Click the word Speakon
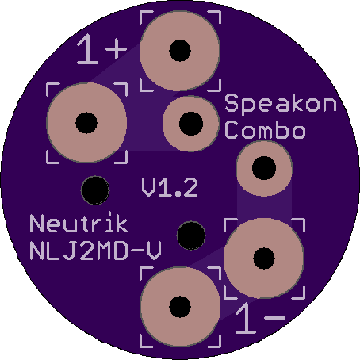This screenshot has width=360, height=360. coord(281,104)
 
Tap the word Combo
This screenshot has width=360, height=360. coord(266,130)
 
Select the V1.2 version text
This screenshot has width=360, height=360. coord(170,187)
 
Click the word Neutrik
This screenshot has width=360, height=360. coord(79,223)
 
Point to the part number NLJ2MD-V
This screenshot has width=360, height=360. coord(95,251)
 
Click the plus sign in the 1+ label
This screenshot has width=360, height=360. coord(116,49)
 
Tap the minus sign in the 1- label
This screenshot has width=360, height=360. coord(274,317)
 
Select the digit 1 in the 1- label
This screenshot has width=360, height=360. coord(246,318)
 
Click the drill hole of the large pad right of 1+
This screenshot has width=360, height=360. coord(180,51)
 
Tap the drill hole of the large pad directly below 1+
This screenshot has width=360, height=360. coord(86,123)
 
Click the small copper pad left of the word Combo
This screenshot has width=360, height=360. coord(191,124)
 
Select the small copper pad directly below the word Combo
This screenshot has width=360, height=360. coord(264,168)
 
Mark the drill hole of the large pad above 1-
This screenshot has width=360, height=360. coord(264,259)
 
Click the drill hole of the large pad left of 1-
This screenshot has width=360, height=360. coord(180,307)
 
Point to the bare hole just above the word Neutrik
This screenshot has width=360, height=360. coord(95,190)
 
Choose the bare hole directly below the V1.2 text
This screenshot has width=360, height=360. coord(191,236)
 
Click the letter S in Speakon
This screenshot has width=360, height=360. coord(232,102)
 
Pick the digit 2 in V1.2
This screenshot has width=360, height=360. coord(190,187)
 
